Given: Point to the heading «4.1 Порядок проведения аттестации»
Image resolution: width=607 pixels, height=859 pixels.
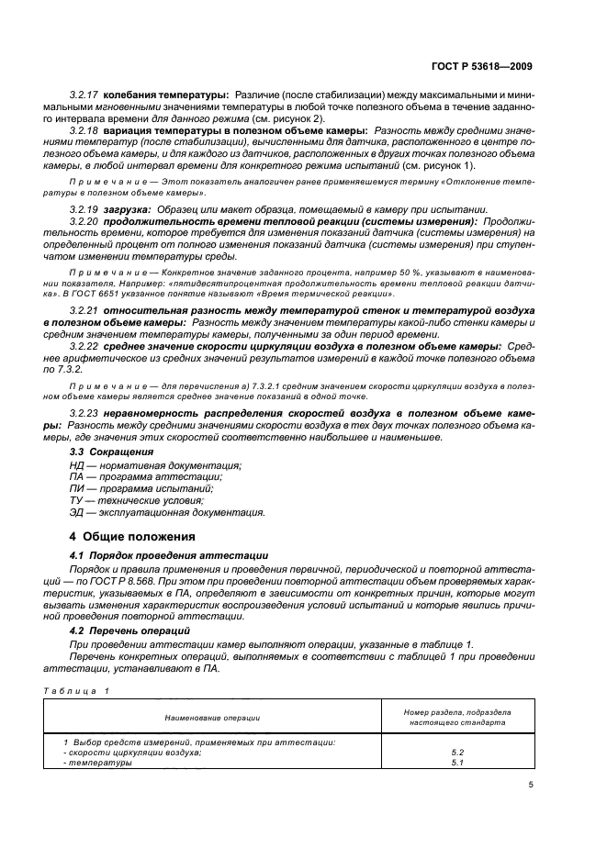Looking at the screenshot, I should tap(169, 556).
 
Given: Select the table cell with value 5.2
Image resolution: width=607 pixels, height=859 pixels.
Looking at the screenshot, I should tap(457, 752).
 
